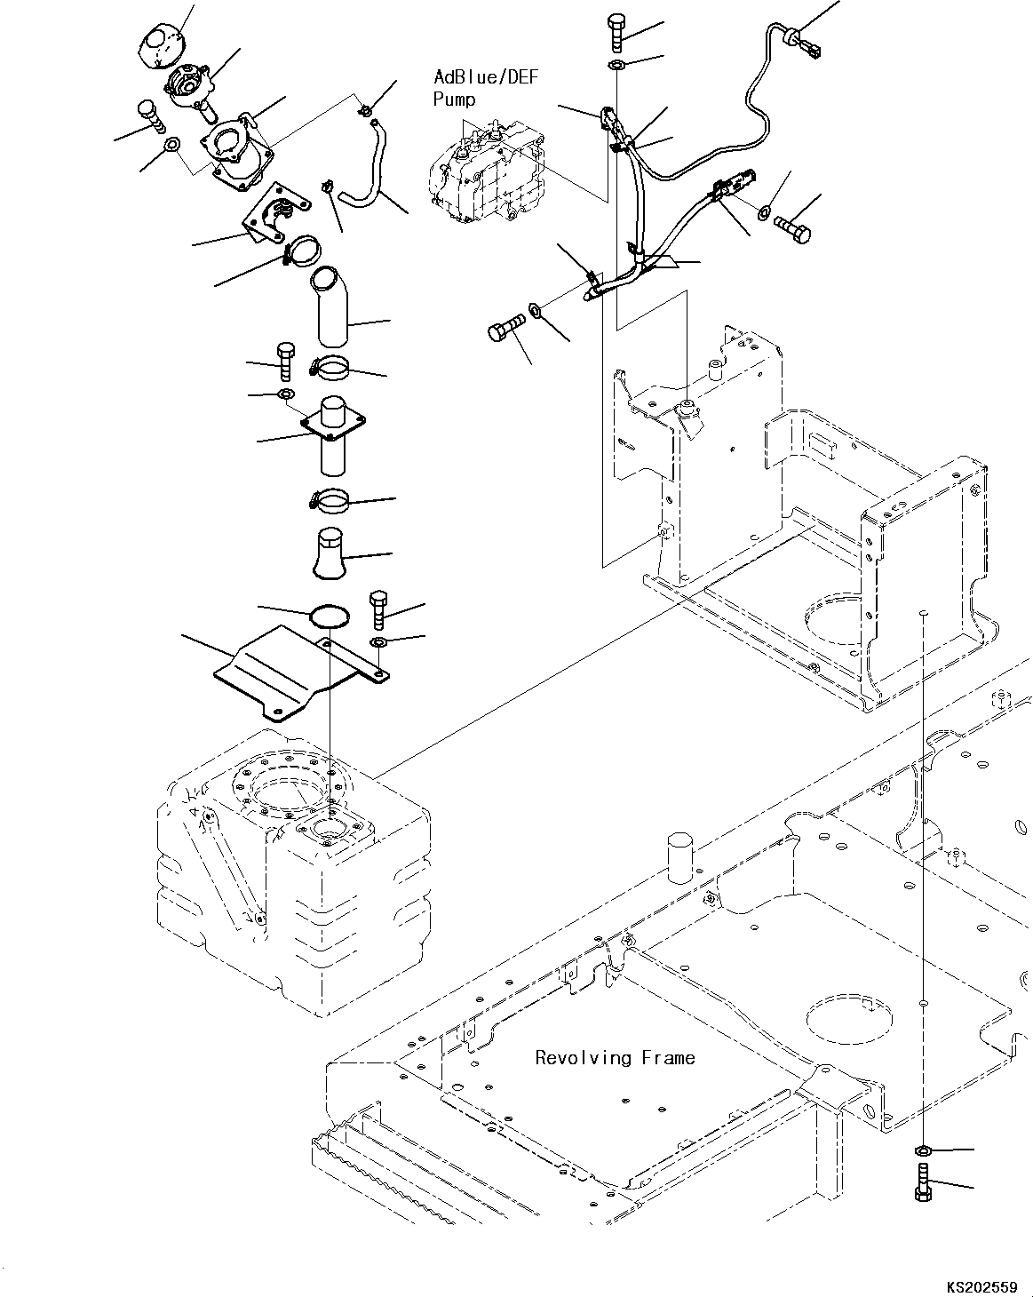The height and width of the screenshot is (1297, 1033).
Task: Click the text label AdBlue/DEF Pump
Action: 485,88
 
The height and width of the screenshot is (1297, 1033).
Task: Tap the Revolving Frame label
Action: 615,1058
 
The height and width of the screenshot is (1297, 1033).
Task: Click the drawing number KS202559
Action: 981,1283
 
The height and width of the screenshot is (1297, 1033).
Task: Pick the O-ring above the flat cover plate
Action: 329,616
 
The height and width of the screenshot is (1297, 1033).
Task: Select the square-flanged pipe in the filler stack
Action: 333,435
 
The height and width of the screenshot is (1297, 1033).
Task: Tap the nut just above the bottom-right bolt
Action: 923,1150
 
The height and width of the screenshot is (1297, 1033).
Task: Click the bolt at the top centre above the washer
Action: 617,32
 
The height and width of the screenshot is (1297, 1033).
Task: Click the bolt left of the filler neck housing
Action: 151,117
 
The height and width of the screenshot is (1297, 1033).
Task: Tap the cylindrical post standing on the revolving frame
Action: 679,857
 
